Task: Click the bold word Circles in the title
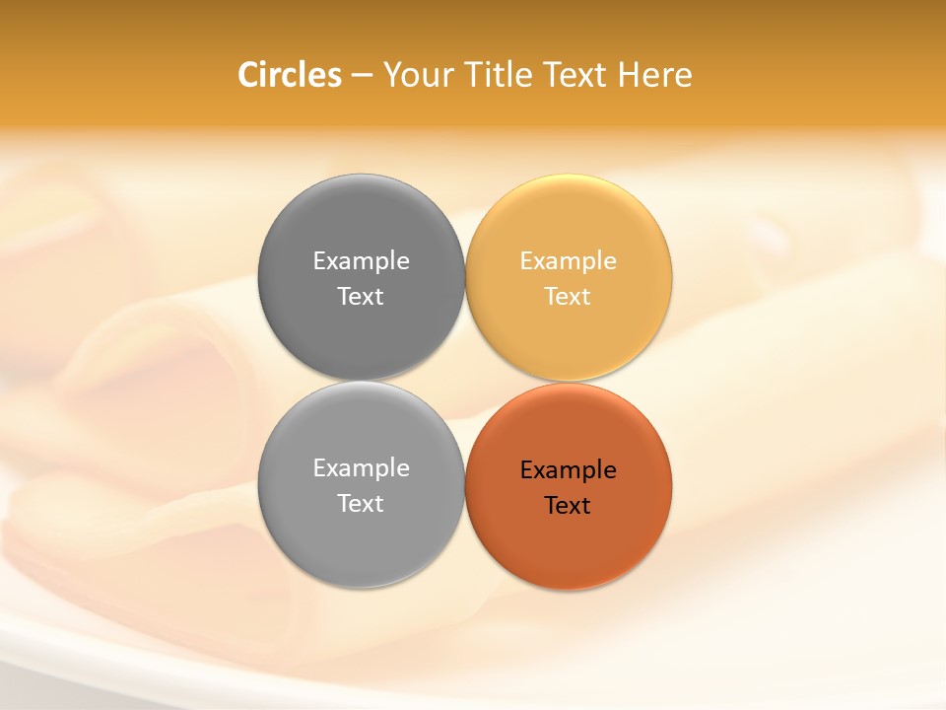pos(290,75)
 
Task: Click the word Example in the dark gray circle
pos(361,261)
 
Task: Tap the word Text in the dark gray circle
pos(361,297)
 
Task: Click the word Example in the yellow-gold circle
pos(568,261)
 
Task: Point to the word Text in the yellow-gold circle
pos(568,297)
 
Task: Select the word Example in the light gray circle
pos(361,468)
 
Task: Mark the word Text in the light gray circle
pos(361,504)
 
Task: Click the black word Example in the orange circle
pos(568,470)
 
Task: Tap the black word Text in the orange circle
pos(568,506)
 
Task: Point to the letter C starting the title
pos(248,75)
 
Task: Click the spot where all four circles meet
pos(464,382)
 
